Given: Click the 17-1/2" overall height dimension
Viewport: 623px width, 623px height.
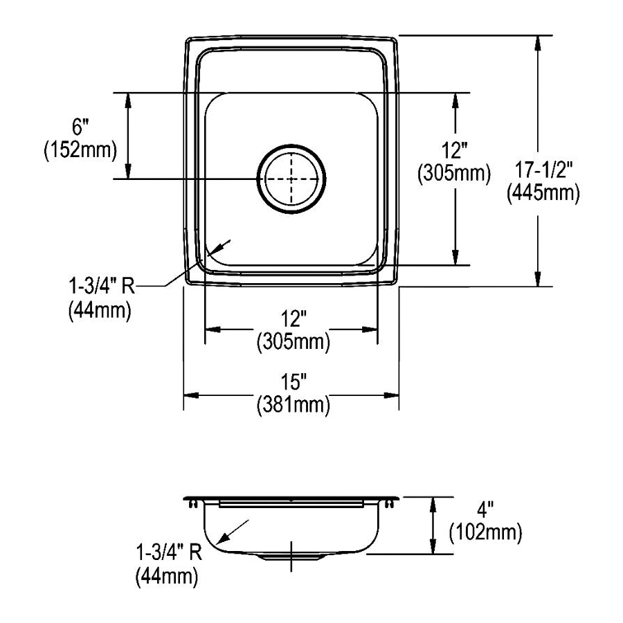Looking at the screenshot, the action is (543, 170).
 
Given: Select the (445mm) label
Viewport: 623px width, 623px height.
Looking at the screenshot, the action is (543, 194).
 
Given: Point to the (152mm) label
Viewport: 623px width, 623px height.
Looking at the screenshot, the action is (80, 150).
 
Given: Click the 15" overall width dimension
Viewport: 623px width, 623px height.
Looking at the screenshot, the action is (294, 382).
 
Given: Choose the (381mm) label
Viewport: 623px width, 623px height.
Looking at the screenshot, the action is (294, 405).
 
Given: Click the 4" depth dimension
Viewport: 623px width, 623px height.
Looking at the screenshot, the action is (485, 509).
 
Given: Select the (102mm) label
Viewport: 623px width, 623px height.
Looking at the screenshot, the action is (485, 532).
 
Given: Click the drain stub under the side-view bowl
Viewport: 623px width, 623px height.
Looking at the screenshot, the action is (291, 557).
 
